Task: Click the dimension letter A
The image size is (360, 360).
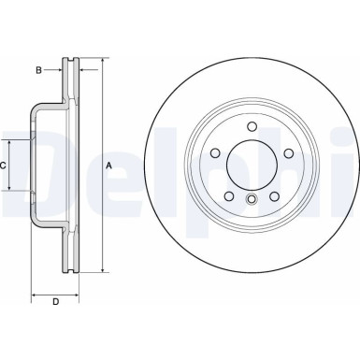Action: tap(109, 166)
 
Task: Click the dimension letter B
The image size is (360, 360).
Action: tap(39, 69)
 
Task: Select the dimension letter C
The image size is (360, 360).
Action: tap(4, 165)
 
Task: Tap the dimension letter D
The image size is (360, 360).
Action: tap(55, 300)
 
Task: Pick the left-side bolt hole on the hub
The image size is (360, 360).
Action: tap(214, 155)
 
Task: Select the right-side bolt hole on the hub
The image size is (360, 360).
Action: tap(286, 155)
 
